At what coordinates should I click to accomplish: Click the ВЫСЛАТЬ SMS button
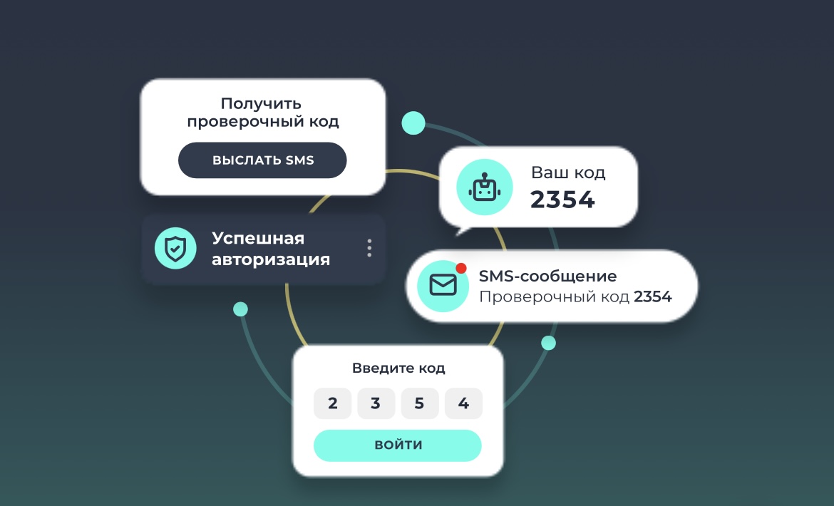tap(262, 160)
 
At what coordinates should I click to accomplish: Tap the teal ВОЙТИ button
tap(398, 445)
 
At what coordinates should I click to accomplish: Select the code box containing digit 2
tap(333, 404)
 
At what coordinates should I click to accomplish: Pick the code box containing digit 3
tap(376, 404)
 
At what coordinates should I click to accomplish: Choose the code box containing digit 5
tap(419, 404)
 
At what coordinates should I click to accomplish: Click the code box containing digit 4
tap(463, 404)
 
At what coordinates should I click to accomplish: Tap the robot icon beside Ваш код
tap(484, 187)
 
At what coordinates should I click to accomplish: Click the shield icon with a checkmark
tap(175, 248)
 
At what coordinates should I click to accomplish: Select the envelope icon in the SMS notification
tap(443, 285)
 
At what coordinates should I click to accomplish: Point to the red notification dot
tap(461, 268)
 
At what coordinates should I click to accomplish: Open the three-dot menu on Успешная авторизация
tap(369, 248)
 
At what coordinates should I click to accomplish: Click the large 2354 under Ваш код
tap(562, 200)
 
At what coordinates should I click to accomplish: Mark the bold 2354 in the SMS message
tap(653, 296)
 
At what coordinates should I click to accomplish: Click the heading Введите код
tap(398, 368)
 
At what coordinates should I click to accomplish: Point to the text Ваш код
tap(568, 172)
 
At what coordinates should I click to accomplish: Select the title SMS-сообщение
tap(547, 276)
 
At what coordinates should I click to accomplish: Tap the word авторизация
tap(271, 259)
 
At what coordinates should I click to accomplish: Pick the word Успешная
tap(258, 238)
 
